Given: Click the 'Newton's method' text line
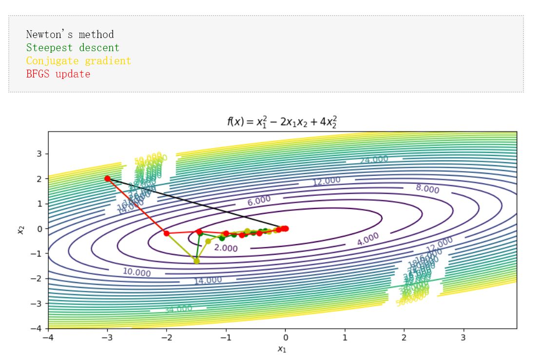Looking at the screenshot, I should (70, 35).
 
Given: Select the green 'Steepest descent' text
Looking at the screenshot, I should (73, 48).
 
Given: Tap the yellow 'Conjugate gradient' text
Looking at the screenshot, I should (78, 61).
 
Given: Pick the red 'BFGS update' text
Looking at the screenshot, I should (58, 74).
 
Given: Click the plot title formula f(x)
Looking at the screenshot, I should (282, 122).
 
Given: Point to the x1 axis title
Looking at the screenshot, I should (282, 349).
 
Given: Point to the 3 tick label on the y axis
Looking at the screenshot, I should (39, 153).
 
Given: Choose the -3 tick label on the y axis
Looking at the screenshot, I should (37, 303).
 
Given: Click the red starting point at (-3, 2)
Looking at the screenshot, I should (108, 178).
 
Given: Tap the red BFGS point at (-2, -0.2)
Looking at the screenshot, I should (167, 233).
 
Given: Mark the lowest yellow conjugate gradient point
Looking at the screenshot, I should (197, 261).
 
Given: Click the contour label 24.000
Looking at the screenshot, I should (374, 160).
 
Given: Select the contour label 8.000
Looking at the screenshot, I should (427, 189).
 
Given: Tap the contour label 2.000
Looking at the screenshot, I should (226, 248).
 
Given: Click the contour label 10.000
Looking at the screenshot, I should (136, 272).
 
